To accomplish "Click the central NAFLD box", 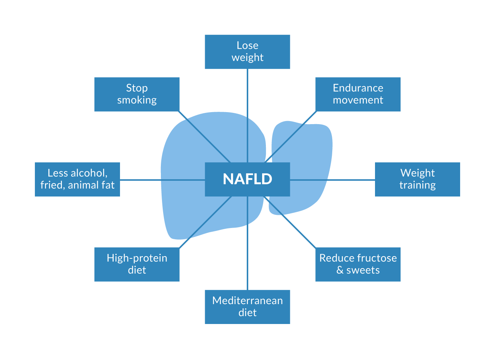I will [247, 179].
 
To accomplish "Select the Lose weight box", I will [247, 52].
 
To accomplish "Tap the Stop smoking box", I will [137, 94].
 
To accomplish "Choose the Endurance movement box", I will [358, 94].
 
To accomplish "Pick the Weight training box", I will [417, 179].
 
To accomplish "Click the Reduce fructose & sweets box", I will [358, 264].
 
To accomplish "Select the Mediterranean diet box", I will [247, 307].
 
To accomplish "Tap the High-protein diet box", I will [137, 264].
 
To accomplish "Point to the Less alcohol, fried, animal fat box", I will [78, 179].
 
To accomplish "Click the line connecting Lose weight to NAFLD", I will [247, 112].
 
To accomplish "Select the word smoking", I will [137, 100].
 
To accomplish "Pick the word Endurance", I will [358, 88].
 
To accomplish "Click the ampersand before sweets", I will [340, 270].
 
